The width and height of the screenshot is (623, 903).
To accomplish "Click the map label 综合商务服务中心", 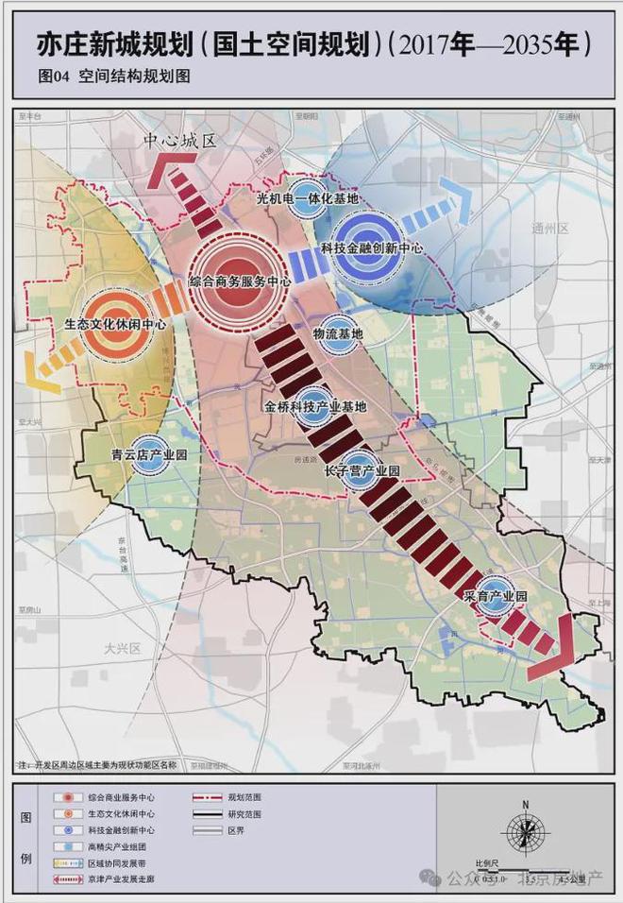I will click(x=238, y=281).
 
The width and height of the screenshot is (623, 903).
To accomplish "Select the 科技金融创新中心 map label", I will click(x=371, y=247).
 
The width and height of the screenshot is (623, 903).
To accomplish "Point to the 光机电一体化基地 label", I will click(x=308, y=200).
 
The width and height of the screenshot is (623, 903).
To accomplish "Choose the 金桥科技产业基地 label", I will click(x=315, y=407).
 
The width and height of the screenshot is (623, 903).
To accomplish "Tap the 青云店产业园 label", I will click(x=149, y=454).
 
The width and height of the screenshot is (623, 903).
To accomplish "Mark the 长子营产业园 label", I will click(x=362, y=469).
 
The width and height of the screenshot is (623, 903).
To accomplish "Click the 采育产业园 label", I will click(x=494, y=598).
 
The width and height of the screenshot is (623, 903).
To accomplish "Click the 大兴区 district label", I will click(x=123, y=649).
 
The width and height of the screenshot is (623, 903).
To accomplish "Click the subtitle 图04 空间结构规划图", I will click(x=114, y=77).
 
